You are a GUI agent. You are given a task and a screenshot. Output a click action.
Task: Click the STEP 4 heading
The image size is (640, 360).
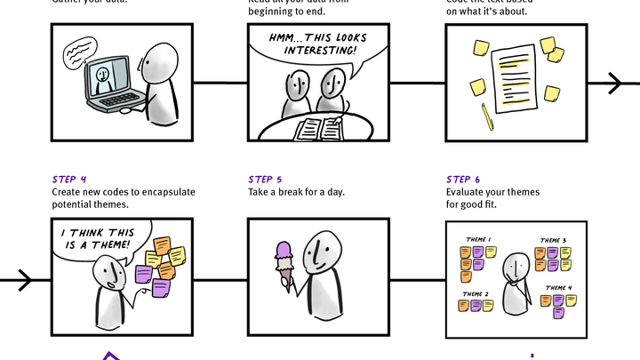click(x=69, y=180)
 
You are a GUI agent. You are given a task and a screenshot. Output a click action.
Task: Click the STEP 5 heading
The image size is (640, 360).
click(x=266, y=180)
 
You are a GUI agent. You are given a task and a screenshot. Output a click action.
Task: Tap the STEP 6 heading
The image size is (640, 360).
click(x=463, y=180)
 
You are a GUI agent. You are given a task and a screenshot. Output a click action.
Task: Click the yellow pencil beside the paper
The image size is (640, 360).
click(x=487, y=116)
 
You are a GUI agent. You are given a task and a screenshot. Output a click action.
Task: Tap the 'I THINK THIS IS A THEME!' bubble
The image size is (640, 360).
click(x=96, y=238)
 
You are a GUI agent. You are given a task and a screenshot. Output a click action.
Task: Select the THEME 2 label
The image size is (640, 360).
click(x=476, y=293)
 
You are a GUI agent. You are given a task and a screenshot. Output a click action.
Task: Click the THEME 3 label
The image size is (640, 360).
click(x=553, y=241)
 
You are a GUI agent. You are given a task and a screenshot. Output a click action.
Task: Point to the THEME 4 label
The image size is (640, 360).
click(x=558, y=288)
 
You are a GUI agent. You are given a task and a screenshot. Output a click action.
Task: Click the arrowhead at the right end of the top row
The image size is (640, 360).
click(x=616, y=84)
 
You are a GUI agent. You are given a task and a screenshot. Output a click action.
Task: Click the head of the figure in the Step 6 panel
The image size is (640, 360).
click(x=515, y=267)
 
